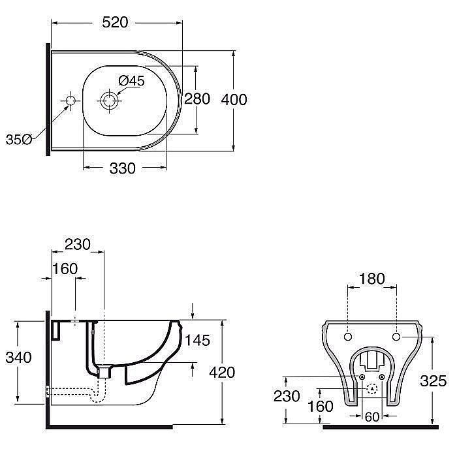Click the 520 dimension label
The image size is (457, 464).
click(x=115, y=22)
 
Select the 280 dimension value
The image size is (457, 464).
click(x=197, y=99)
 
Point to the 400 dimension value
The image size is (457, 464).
click(x=234, y=99)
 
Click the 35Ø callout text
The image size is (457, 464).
click(x=18, y=139)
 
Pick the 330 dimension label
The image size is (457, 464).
click(x=122, y=168)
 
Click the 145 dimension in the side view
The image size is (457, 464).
click(x=197, y=340)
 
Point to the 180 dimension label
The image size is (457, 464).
click(x=372, y=279)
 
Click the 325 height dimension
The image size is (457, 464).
click(x=433, y=380)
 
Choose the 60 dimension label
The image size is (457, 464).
click(x=371, y=416)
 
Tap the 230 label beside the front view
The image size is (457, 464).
click(x=287, y=396)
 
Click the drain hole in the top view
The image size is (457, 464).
click(x=108, y=101)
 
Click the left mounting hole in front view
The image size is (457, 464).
click(x=347, y=336)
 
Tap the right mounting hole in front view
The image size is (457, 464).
click(x=397, y=336)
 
